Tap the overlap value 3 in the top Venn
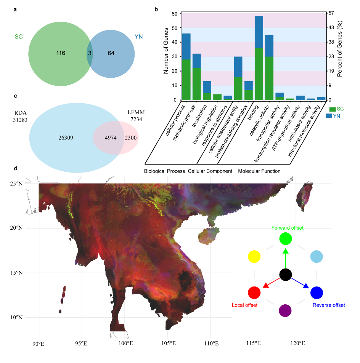90,53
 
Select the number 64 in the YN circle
111,53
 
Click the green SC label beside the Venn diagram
19,37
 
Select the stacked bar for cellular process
186,67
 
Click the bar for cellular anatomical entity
238,78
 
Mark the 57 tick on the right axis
331,13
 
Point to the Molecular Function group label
259,171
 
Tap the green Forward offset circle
286,238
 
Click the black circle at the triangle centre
286,274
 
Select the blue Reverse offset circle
317,293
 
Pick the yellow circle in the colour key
254,256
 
